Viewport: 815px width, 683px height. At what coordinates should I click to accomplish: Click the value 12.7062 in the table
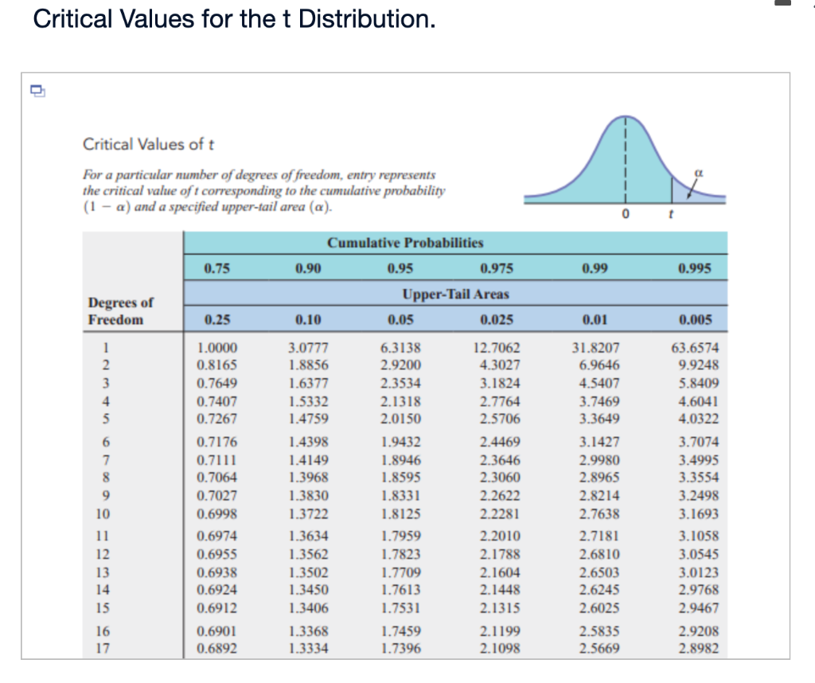(497, 348)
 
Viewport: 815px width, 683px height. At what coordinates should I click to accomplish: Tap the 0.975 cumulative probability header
(497, 268)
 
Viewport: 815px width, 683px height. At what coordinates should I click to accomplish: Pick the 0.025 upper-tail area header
(497, 320)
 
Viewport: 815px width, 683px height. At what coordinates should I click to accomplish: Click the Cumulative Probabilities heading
(405, 243)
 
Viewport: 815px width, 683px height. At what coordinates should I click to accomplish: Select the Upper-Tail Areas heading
(455, 294)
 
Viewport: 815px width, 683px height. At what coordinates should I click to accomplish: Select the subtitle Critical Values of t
(148, 144)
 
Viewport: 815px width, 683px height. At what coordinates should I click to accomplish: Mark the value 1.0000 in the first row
(216, 348)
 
